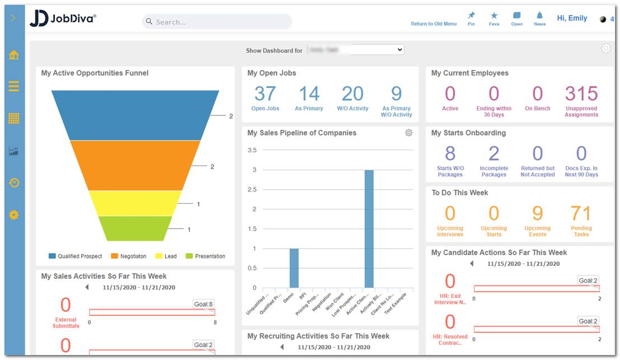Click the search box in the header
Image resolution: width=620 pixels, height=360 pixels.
[x=217, y=22]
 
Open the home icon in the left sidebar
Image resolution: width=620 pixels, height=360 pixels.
[x=14, y=55]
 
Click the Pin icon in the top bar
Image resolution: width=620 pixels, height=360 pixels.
[x=471, y=16]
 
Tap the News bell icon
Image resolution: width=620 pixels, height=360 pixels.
[x=539, y=16]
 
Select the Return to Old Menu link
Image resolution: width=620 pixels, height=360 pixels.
[x=434, y=24]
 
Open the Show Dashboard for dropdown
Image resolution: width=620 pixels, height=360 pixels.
[x=355, y=50]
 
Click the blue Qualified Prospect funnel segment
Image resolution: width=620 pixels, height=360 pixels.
[x=135, y=115]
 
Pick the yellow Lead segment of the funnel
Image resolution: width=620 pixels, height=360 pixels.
[x=135, y=203]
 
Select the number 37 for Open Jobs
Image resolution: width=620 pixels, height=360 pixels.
[x=265, y=93]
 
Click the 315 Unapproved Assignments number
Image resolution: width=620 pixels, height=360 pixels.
[x=581, y=93]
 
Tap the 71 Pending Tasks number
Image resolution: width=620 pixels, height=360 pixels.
[x=581, y=213]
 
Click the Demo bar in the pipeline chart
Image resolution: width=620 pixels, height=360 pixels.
[x=294, y=268]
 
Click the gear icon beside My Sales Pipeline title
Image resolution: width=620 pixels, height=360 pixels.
[x=408, y=133]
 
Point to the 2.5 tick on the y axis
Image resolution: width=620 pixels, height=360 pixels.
[x=252, y=190]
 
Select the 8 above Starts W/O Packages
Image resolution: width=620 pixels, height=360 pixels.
[x=450, y=153]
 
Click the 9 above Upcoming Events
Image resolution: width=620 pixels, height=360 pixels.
[x=537, y=213]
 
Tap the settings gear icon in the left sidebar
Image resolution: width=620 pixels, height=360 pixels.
[x=14, y=215]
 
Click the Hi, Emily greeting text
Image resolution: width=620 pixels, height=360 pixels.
[x=572, y=18]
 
